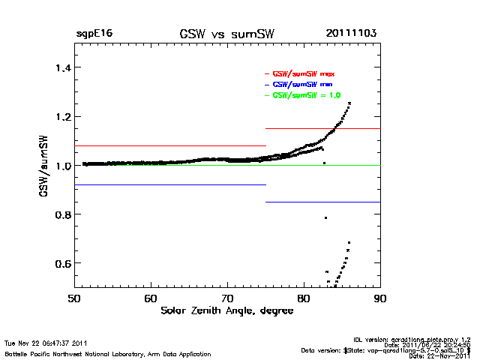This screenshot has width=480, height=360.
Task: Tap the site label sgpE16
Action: [94, 34]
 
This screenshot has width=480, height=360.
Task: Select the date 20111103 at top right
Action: [351, 34]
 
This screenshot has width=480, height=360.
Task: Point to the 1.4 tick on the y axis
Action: [58, 67]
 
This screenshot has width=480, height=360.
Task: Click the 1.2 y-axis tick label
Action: [58, 117]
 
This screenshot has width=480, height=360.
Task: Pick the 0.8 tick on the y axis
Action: [58, 214]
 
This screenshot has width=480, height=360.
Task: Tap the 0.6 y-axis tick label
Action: [58, 263]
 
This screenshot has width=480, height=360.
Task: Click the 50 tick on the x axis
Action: [74, 298]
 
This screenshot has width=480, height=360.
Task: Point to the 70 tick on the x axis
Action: [227, 298]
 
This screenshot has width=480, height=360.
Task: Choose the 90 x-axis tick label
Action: [380, 298]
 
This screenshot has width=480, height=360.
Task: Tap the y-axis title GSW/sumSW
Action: [45, 166]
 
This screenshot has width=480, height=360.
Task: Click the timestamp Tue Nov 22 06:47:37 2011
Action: [46, 343]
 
